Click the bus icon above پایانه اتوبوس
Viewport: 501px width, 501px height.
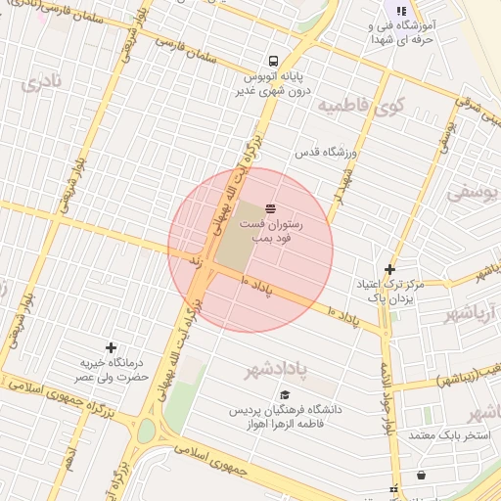point(270,59)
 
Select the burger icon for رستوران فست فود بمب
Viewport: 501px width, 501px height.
point(270,207)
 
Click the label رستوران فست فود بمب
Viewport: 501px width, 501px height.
point(278,231)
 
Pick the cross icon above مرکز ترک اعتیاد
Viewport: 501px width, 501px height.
point(390,269)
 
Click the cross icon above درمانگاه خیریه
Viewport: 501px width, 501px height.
point(111,347)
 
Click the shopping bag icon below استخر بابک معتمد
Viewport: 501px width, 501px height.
point(421,476)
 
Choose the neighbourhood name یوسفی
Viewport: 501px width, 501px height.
point(473,192)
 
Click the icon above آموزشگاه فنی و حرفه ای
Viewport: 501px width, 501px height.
point(401,11)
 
